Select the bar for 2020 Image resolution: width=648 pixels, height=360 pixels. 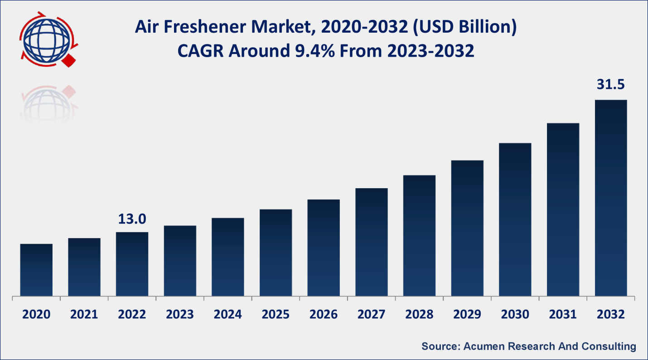coord(36,270)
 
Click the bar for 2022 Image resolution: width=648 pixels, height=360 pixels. coord(132,264)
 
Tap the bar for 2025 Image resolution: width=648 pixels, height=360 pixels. coord(276,253)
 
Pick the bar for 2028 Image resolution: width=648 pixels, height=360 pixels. coord(419,236)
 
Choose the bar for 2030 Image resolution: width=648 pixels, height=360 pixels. coord(515,220)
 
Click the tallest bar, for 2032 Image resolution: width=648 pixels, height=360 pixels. coord(610,198)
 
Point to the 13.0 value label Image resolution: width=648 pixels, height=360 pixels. coord(132,219)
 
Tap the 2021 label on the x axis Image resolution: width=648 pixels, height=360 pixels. coord(84,314)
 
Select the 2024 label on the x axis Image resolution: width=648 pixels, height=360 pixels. coord(227,314)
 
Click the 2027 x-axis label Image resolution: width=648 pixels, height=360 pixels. coord(371,314)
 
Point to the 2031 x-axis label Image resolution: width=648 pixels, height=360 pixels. coord(563,314)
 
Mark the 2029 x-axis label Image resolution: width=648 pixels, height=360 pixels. coord(467,314)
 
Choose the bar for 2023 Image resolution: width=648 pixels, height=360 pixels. coord(180,261)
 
